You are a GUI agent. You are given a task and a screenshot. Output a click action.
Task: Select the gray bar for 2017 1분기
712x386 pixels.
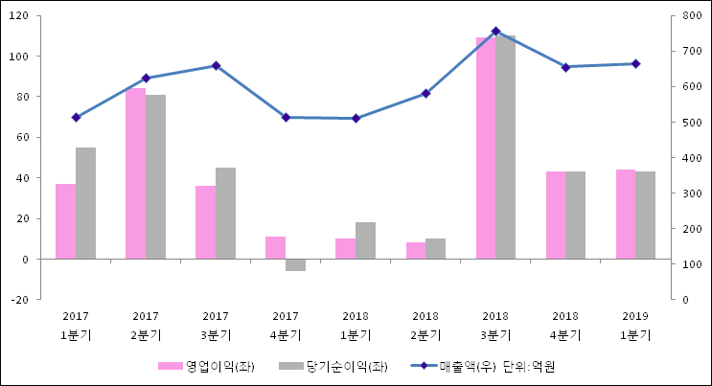(x=85, y=203)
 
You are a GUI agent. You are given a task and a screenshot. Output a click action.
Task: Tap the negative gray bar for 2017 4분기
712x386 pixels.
(x=295, y=264)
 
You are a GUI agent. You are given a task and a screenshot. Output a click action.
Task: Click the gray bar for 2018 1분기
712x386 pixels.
(x=365, y=240)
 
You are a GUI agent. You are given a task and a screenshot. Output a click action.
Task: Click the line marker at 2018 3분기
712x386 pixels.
(x=495, y=32)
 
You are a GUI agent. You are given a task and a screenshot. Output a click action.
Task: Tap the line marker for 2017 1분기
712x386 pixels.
(x=76, y=117)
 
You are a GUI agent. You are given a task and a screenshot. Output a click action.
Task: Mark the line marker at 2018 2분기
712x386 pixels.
(x=425, y=93)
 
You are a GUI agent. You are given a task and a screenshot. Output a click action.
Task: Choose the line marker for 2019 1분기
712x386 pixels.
(x=635, y=64)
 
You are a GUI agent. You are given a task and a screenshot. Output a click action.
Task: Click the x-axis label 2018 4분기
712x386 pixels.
(x=565, y=325)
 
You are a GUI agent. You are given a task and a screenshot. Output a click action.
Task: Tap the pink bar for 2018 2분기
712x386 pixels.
(x=415, y=250)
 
